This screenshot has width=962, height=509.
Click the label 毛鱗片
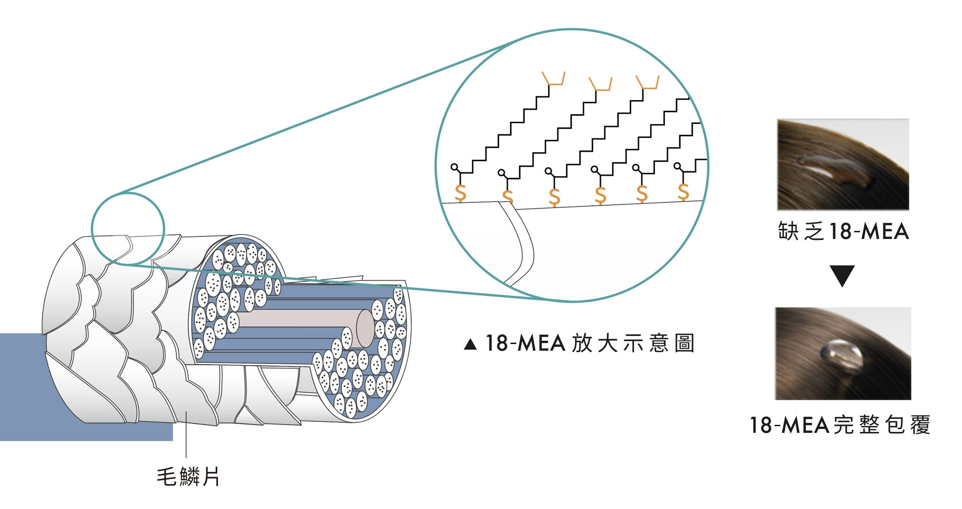coord(188,476)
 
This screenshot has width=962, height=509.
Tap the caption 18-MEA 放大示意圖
coord(589,344)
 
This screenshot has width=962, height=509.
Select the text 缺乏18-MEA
coord(843,231)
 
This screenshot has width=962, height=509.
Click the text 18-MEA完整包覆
coord(840,425)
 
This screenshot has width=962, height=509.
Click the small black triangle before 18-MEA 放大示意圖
coord(470,345)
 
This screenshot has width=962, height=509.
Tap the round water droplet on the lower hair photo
coord(842,356)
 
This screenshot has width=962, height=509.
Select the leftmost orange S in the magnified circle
coord(460,193)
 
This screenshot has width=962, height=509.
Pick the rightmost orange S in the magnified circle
coord(683,191)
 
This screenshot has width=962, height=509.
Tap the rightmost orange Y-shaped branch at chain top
coord(647,82)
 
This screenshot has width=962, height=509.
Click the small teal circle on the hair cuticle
coord(128,228)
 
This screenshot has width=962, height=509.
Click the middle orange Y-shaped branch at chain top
coord(600,84)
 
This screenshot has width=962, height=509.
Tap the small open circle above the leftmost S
coord(454,167)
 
